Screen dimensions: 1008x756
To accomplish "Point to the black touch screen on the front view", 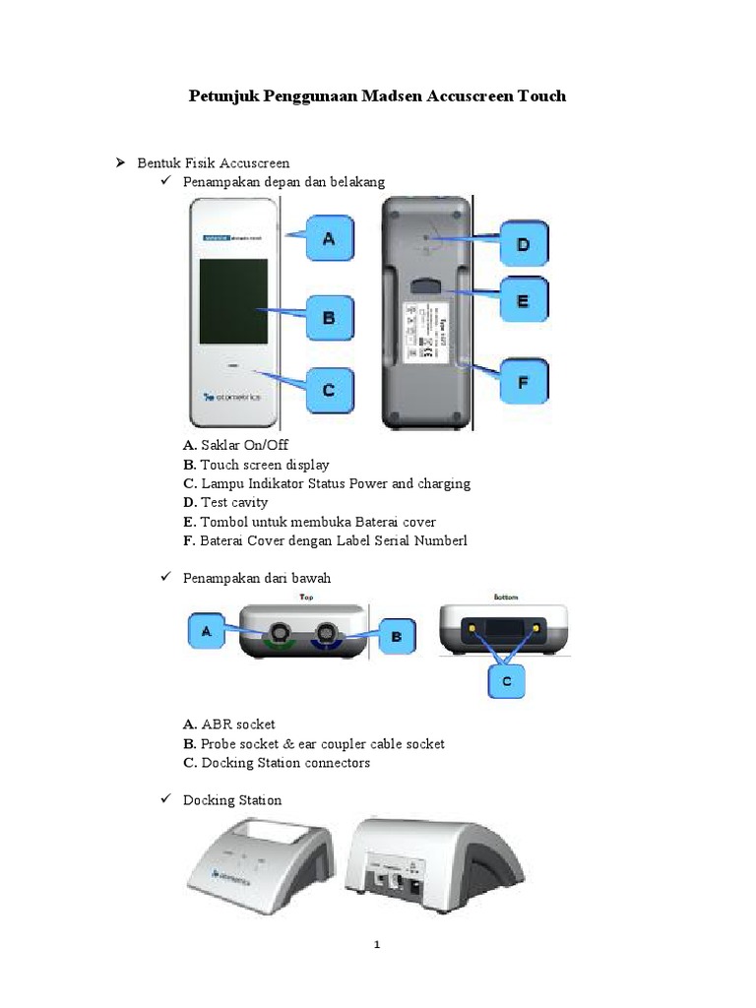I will (x=233, y=301).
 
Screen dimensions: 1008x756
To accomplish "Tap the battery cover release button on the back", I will (x=424, y=285).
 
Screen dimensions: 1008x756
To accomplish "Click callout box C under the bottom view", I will (x=506, y=680).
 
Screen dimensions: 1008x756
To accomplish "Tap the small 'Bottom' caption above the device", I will (x=506, y=597).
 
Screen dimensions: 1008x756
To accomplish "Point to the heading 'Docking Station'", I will (x=232, y=800).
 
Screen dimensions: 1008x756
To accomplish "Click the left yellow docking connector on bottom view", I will (x=472, y=627).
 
